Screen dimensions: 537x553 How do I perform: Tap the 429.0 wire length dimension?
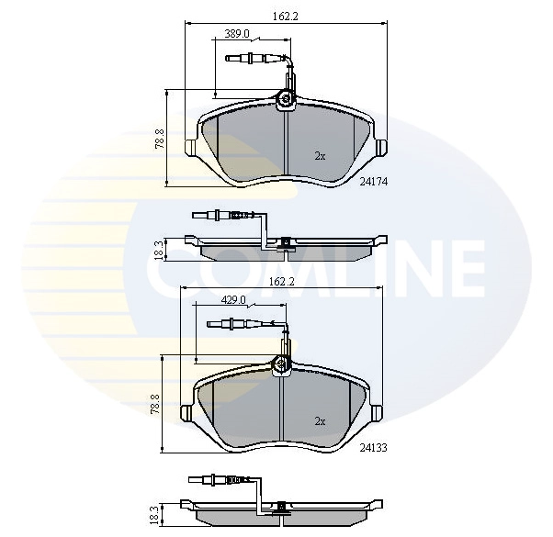[x=233, y=299]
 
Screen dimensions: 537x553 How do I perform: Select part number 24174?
[x=375, y=182]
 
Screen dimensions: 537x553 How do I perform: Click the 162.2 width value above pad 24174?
[x=284, y=14]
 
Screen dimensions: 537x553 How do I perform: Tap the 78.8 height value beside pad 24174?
[x=159, y=138]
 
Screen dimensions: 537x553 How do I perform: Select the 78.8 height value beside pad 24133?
[x=154, y=404]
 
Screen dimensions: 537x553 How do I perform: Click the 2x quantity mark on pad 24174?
[x=320, y=156]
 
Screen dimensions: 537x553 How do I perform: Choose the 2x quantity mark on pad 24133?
[x=320, y=421]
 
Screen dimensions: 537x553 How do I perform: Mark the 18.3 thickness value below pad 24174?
[x=158, y=249]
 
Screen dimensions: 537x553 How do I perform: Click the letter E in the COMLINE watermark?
[x=460, y=266]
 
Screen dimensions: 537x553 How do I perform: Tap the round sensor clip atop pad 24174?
[x=286, y=100]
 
